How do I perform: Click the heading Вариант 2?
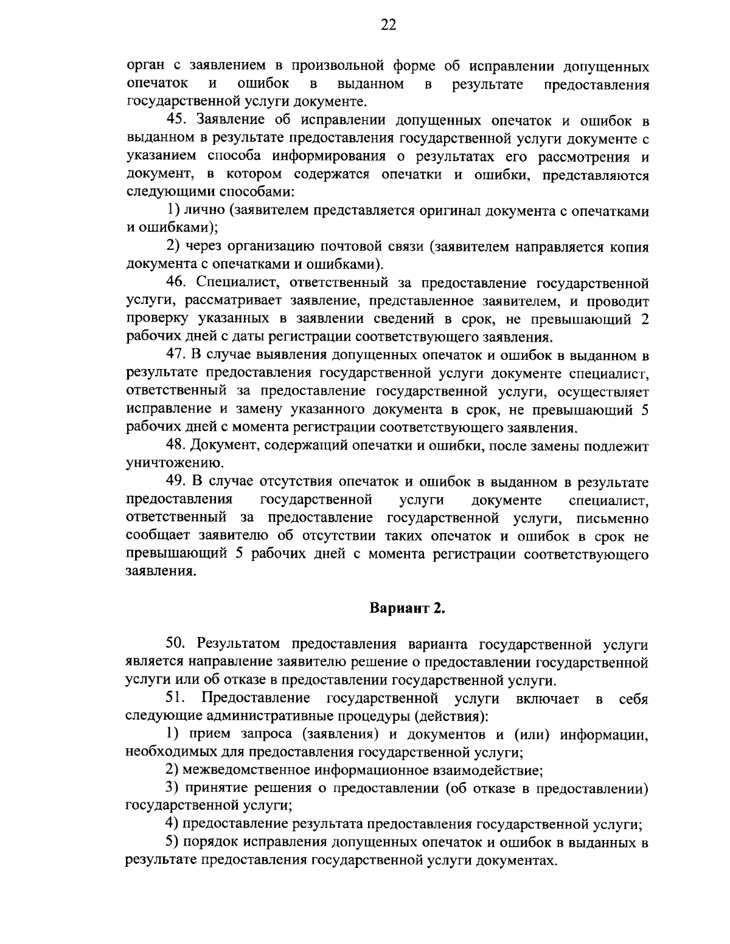click(408, 608)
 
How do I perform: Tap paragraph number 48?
click(177, 446)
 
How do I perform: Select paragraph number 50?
click(177, 644)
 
